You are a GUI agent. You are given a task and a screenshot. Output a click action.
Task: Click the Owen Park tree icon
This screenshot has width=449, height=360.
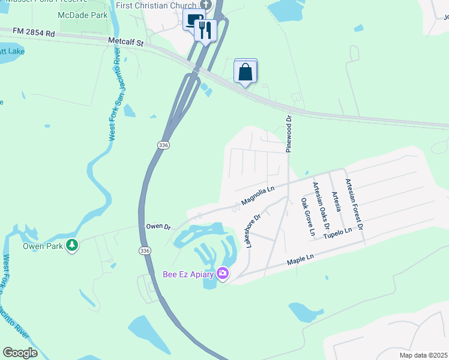72,245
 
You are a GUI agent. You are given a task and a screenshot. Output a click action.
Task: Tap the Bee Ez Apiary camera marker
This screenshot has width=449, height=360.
223,274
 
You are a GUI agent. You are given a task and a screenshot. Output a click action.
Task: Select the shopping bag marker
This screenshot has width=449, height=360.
246,72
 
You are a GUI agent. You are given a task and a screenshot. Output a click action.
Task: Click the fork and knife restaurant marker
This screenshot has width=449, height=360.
206,31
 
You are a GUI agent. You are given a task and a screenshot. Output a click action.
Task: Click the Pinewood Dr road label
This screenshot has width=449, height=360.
289,134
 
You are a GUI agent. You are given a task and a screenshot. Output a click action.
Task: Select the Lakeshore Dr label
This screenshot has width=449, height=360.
253,231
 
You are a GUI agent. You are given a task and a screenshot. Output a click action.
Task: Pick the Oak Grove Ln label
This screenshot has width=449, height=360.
307,216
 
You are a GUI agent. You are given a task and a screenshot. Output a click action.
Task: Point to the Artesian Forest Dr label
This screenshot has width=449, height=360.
354,204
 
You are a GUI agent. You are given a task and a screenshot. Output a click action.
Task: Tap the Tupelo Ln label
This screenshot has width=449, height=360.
339,232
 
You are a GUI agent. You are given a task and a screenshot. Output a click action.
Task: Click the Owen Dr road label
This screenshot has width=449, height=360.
158,227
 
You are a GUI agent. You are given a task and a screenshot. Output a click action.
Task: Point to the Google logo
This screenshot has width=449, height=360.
20,352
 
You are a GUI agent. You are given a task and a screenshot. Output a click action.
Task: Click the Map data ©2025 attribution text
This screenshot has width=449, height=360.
423,355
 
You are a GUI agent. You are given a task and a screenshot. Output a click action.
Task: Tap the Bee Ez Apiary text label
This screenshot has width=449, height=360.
189,274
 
